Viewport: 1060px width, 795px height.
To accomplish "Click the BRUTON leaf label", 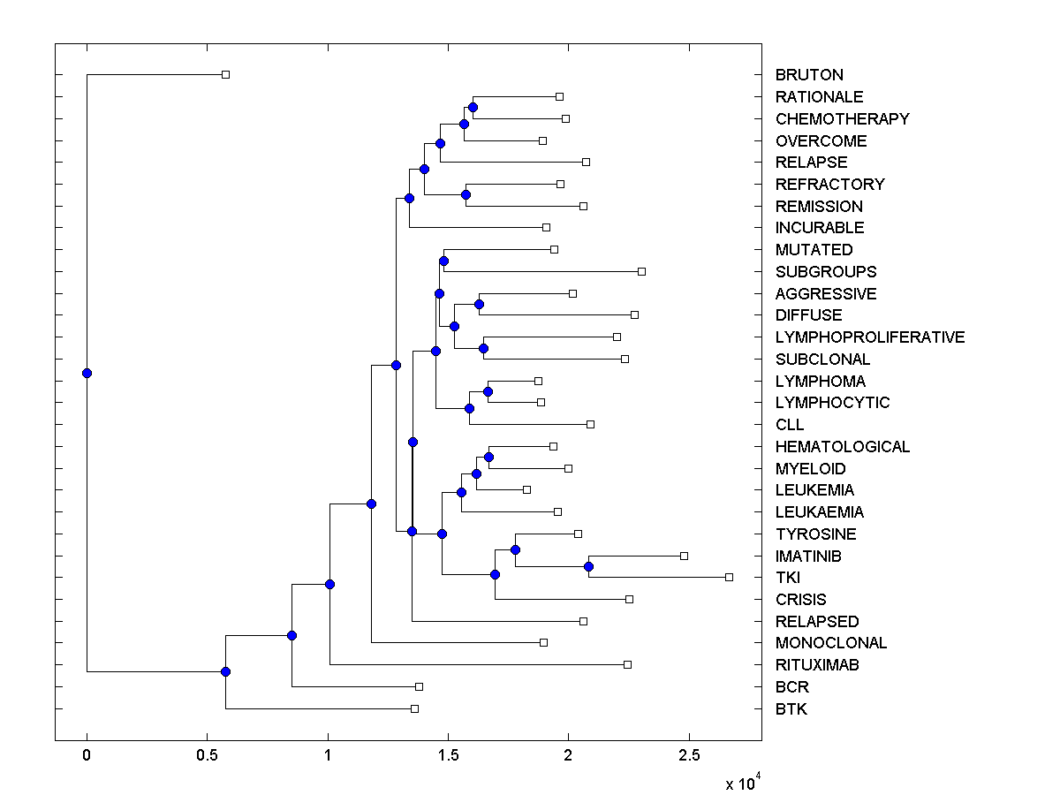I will [808, 75].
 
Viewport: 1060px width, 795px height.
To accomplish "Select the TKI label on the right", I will [787, 578].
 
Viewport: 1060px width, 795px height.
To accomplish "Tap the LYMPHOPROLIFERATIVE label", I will [869, 337].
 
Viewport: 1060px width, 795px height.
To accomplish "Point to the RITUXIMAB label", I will [816, 665].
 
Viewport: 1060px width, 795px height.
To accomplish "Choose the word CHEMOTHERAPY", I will [842, 119].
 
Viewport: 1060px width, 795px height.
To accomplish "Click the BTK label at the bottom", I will [791, 709].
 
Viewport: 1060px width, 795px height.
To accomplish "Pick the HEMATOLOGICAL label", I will [842, 447].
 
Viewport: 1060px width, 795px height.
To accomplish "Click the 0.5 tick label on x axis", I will [207, 756].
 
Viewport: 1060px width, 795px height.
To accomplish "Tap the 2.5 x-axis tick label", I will [689, 756].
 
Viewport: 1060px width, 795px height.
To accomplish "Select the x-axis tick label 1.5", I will [448, 756].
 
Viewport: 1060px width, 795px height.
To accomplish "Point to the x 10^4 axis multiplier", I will [740, 783].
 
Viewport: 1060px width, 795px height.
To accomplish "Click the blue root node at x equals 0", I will [87, 373].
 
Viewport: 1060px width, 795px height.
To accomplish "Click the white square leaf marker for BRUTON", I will [225, 75].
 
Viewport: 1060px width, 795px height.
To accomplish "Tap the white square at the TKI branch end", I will [729, 577].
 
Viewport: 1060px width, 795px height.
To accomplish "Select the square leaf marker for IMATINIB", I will [684, 556].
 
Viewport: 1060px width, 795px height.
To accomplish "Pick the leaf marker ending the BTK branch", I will [414, 708].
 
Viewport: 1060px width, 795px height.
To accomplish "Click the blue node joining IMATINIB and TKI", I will [588, 566].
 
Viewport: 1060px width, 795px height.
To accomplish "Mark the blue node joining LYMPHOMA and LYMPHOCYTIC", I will [488, 391].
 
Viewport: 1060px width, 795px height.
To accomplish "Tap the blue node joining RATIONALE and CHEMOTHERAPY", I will [473, 107].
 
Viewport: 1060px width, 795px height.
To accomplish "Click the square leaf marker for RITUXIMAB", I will [627, 664].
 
